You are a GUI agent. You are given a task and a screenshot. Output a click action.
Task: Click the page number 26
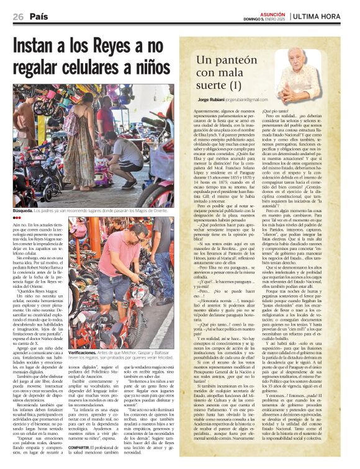tap(19, 17)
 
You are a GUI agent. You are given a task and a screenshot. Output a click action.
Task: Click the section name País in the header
tap(40, 17)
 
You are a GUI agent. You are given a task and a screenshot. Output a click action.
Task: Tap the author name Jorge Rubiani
tap(211, 99)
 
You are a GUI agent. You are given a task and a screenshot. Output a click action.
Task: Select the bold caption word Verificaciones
tap(85, 334)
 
